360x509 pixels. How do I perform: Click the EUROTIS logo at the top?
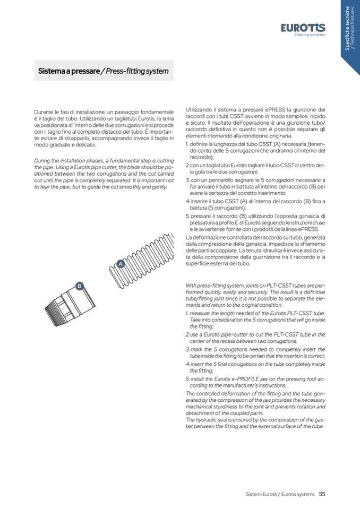click(303, 28)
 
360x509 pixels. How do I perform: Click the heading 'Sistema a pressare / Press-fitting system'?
click(104, 71)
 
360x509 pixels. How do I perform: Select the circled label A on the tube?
click(121, 264)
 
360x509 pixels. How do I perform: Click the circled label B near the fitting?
click(79, 287)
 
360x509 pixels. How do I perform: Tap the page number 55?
click(322, 494)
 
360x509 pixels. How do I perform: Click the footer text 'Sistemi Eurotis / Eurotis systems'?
click(280, 494)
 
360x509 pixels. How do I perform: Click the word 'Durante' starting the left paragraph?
click(44, 114)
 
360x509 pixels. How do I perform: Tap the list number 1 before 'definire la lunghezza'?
click(187, 144)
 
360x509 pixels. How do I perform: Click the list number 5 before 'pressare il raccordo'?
click(187, 215)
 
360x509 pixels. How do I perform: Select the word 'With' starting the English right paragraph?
click(191, 285)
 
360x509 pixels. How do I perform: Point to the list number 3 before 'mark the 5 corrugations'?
click(187, 350)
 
